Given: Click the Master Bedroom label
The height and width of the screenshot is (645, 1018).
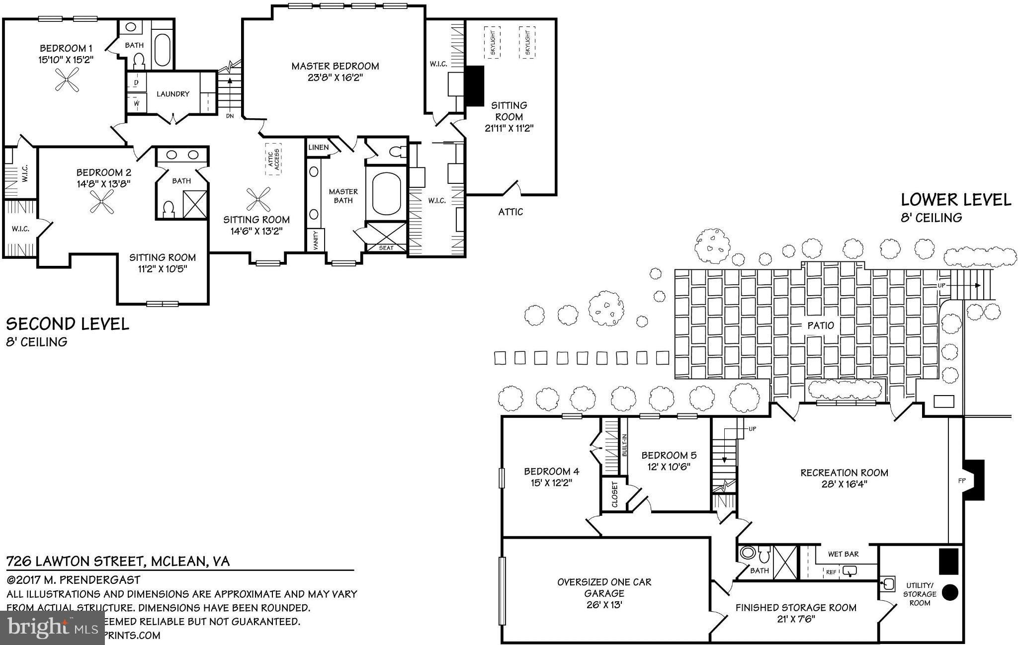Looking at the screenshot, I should pos(335,66).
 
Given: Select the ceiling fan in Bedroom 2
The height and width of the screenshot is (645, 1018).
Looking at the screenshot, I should pos(102,202).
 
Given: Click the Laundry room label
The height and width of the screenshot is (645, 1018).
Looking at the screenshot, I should pos(173,94).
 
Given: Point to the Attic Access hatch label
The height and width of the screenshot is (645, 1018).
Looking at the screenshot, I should pos(273,159).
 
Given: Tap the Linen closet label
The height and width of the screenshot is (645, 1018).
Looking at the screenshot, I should pos(318,148).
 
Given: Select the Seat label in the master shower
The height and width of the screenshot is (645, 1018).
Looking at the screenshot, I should pos(386,247).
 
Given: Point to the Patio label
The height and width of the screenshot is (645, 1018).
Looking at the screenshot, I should pos(820,325).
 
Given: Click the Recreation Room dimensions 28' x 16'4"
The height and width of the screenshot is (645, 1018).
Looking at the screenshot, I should pos(844,484).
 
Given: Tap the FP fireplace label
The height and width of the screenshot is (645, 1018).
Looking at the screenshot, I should pos(961,481).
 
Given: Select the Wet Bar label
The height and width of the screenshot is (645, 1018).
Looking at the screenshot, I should pos(843,554).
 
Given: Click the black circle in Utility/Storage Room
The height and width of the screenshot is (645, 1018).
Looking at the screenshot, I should pos(950,591).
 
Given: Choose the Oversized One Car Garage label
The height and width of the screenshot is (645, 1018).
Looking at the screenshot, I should pos(604,587).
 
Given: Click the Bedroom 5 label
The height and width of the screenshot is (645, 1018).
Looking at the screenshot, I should pos(669,455).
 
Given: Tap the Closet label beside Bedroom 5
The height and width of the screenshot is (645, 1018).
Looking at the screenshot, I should pos(615,494).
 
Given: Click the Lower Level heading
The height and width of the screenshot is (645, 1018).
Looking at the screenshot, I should pos(955,200).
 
